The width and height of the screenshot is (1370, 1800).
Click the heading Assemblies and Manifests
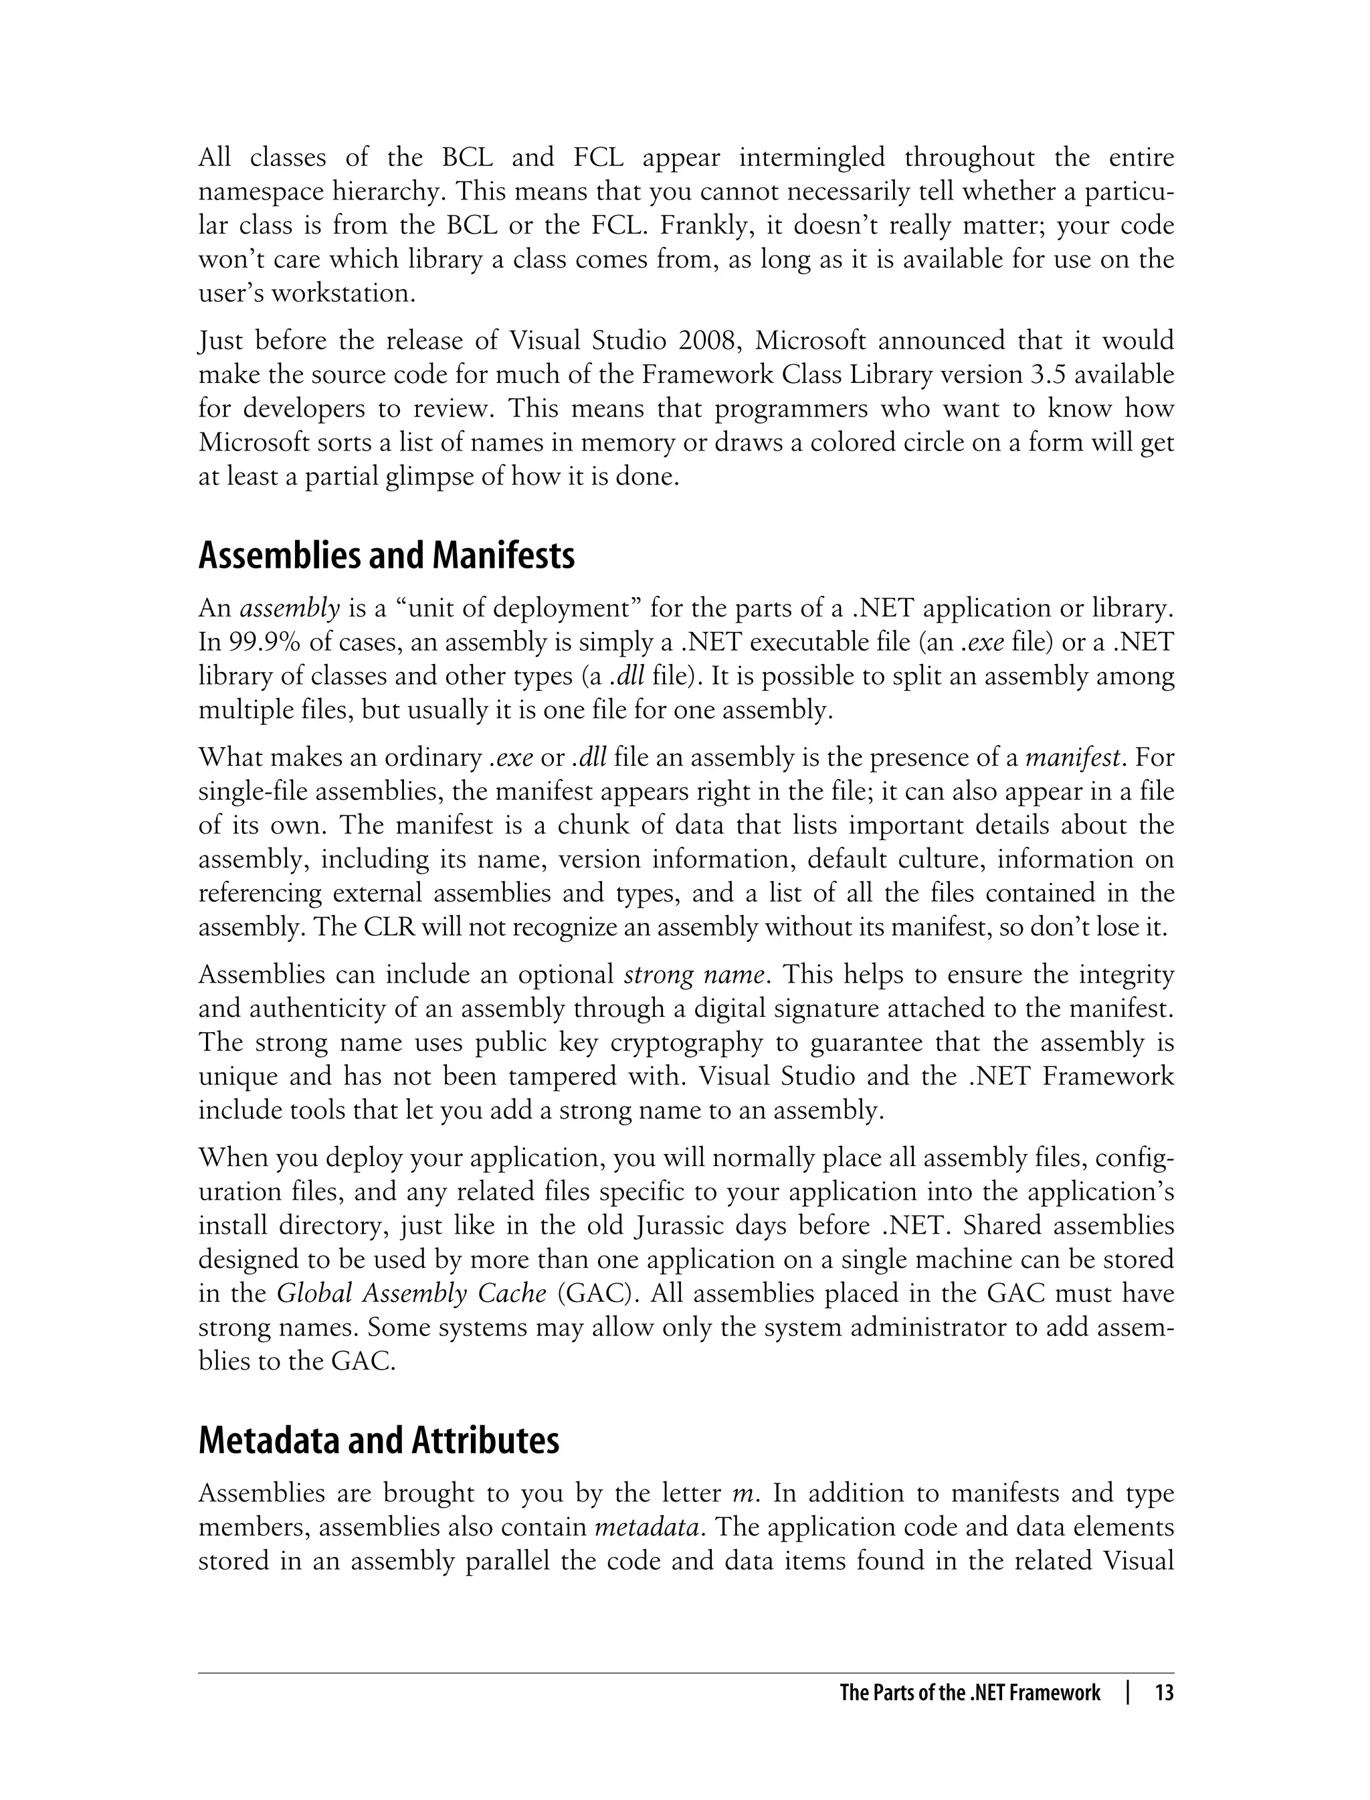point(387,556)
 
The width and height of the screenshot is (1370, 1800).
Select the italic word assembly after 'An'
point(290,608)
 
